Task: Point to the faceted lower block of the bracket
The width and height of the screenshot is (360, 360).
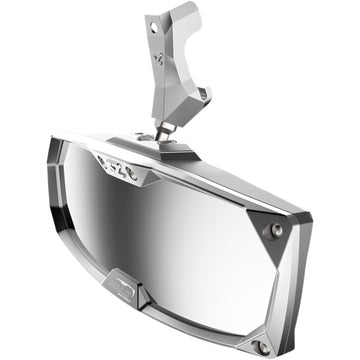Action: tap(186, 105)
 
